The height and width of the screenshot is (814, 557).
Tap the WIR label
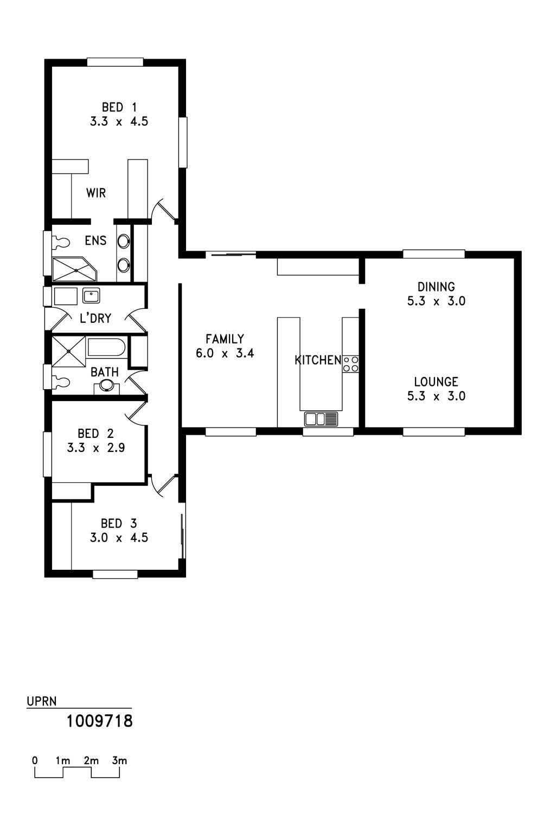[x=96, y=193]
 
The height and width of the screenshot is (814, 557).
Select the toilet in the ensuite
[x=61, y=243]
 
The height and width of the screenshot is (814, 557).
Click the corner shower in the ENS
[x=75, y=269]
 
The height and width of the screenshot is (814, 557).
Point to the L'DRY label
[x=95, y=319]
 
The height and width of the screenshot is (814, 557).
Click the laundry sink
[x=91, y=295]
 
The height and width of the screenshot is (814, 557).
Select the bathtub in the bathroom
[x=106, y=348]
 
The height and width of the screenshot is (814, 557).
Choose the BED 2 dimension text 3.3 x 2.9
[x=96, y=448]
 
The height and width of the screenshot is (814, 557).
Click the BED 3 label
[x=119, y=524]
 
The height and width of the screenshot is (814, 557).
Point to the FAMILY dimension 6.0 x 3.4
[x=225, y=353]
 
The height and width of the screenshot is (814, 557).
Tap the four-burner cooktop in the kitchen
[x=350, y=364]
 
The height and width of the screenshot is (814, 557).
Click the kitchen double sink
[x=321, y=418]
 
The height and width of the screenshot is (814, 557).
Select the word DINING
[x=436, y=287]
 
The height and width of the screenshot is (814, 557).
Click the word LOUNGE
[x=436, y=382]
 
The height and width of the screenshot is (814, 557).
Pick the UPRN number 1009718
[x=99, y=721]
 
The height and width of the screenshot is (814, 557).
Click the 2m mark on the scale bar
[x=91, y=760]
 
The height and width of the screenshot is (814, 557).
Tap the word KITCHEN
[x=318, y=360]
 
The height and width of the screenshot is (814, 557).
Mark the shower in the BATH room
[x=69, y=352]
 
